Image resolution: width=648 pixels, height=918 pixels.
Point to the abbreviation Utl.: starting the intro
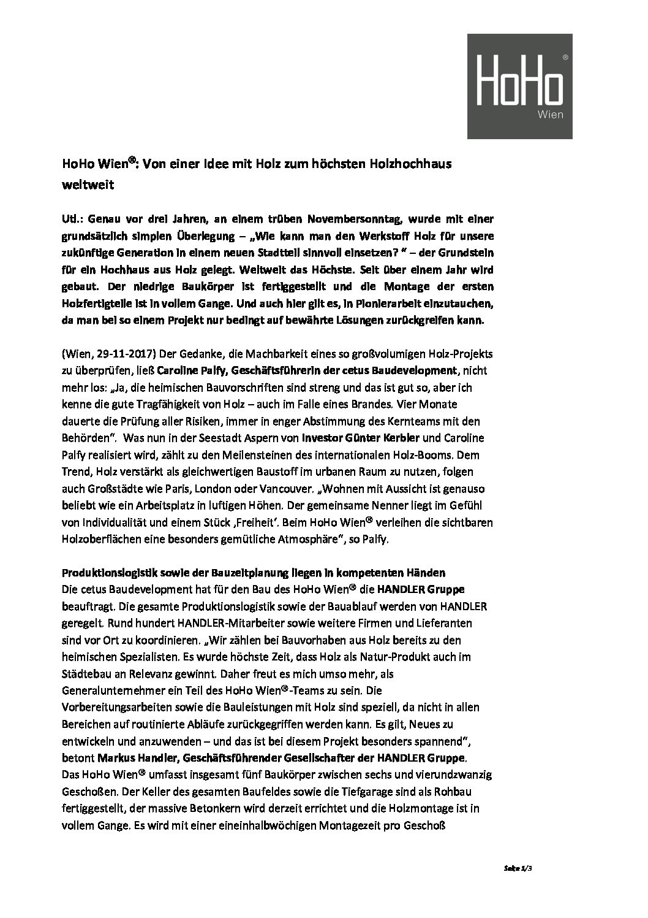click(73, 219)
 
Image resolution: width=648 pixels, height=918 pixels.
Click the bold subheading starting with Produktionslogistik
click(254, 573)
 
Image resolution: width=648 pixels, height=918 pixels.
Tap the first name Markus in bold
click(116, 757)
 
